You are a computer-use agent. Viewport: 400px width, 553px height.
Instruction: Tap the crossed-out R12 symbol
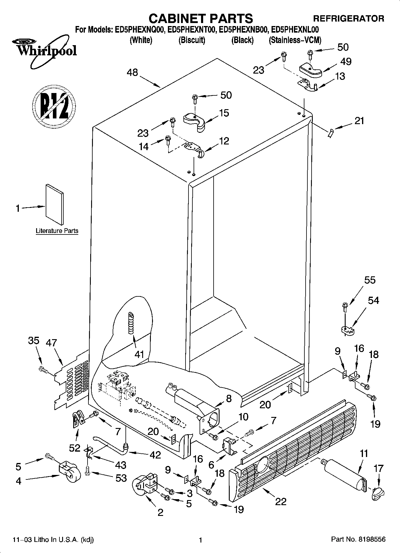click(54, 106)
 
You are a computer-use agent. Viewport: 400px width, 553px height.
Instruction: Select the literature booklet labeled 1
click(54, 204)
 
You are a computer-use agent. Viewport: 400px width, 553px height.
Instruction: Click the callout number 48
click(132, 72)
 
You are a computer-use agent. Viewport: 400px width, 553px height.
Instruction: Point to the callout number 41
click(139, 354)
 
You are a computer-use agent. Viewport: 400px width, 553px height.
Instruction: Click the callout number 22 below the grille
click(281, 501)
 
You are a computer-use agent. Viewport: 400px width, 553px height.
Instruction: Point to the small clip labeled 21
click(330, 134)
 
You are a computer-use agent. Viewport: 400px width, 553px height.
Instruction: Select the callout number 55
click(370, 280)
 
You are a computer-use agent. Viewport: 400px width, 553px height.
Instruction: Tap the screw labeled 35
click(43, 370)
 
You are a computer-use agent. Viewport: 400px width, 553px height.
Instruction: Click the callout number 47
click(51, 342)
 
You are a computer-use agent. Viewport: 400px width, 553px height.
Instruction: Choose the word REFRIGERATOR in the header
click(348, 19)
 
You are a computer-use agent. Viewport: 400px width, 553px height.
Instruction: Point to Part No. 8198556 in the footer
click(358, 540)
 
